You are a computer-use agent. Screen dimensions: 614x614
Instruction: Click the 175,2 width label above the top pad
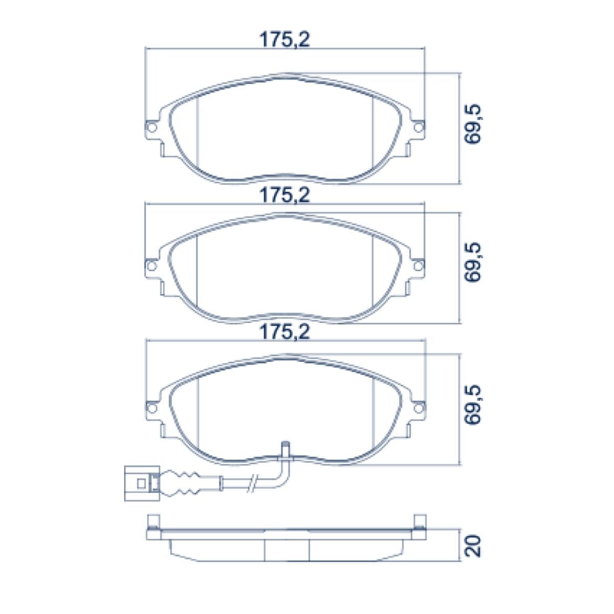point(285,40)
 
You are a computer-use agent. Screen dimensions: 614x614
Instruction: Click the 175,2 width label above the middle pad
point(285,195)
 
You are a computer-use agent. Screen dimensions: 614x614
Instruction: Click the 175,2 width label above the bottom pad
point(285,333)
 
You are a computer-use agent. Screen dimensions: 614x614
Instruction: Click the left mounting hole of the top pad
point(152,128)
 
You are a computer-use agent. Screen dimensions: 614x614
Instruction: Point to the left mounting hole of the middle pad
point(152,266)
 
